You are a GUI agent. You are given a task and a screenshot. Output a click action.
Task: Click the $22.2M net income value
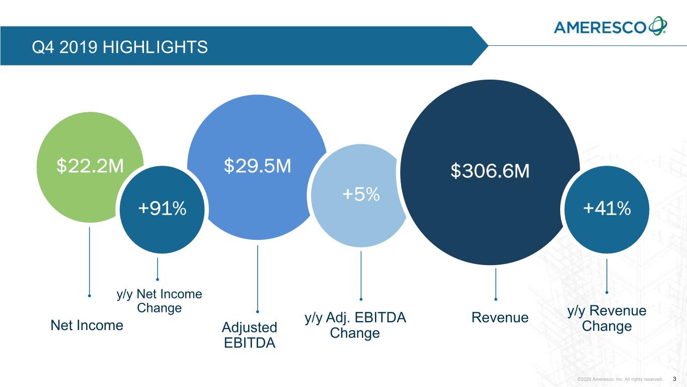[x=90, y=165]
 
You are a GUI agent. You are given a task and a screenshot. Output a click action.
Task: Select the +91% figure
[x=162, y=208]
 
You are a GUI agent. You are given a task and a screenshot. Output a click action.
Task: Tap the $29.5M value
[x=257, y=165]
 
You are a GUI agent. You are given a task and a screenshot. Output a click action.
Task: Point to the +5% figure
[x=361, y=194]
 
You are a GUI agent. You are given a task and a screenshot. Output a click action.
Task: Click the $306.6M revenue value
[x=490, y=172]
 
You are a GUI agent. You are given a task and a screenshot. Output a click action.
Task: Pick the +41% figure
[x=606, y=208]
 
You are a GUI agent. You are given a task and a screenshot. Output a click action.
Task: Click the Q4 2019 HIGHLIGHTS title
[x=119, y=47]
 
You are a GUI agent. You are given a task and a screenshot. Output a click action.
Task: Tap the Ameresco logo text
[x=599, y=27]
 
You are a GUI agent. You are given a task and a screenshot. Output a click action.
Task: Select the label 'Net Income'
[x=87, y=326]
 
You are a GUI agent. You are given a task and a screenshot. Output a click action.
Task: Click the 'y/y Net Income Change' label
[x=159, y=301]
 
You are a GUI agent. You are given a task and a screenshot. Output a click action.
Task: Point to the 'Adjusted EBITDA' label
[x=250, y=335]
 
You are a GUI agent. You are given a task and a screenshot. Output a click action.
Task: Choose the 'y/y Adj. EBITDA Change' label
[x=355, y=326]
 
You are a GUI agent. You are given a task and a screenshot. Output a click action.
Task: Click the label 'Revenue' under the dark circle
[x=500, y=317]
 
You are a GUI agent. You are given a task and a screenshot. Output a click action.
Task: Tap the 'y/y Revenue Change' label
[x=606, y=318]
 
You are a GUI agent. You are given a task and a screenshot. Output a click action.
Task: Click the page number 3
[x=674, y=378]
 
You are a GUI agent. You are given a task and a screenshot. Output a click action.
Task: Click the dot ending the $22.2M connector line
[x=90, y=296]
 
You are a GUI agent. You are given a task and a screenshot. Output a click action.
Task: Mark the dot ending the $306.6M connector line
[x=496, y=299]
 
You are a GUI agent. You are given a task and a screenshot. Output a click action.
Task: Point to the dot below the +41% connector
[x=607, y=292]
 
